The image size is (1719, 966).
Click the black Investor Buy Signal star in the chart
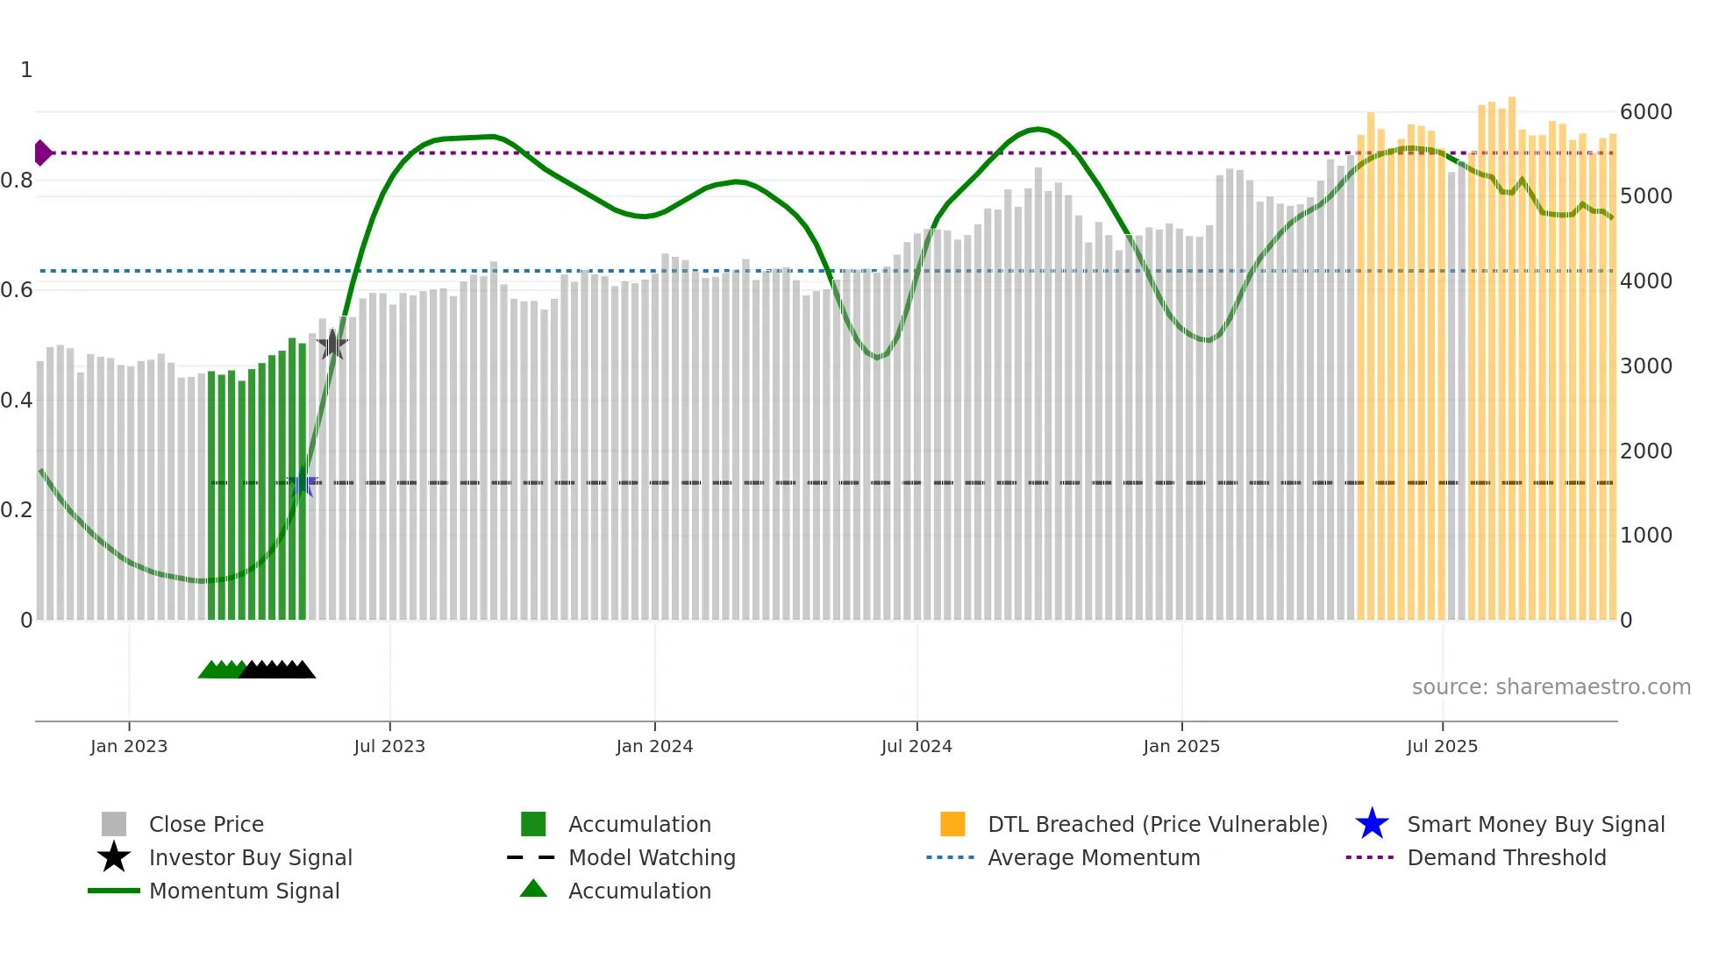click(332, 344)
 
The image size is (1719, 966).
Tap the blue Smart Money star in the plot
click(303, 483)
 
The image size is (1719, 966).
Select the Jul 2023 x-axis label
click(389, 746)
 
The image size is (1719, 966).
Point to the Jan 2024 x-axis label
click(654, 746)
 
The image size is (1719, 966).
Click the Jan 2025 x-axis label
click(1181, 746)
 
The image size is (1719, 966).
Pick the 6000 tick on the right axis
click(1645, 112)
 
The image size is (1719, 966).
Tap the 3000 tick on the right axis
click(1645, 366)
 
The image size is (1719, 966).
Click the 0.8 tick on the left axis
click(18, 181)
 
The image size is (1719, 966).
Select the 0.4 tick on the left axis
click(18, 401)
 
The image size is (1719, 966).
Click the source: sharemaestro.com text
click(1551, 687)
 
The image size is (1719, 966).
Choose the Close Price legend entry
click(206, 825)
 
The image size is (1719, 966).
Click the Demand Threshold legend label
click(1506, 858)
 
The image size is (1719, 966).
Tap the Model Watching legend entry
click(651, 858)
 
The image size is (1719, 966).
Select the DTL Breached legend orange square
click(952, 825)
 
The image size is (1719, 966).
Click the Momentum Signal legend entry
click(244, 891)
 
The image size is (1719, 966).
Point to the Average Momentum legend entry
click(1093, 858)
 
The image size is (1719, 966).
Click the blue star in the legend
click(1372, 825)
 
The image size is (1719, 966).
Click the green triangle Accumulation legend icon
click(533, 890)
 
